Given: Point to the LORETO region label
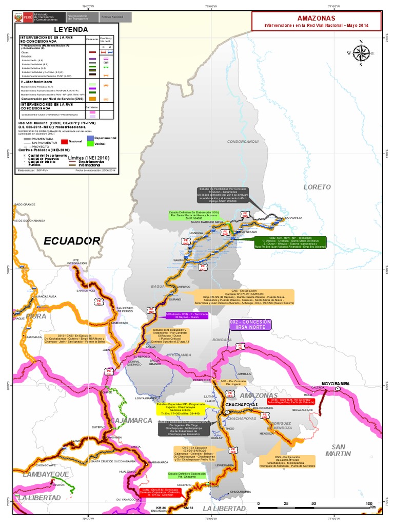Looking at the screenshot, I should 317,187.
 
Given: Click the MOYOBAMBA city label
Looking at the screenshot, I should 335,384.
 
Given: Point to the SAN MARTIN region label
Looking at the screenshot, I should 341,450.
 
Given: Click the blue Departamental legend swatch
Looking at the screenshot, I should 90,138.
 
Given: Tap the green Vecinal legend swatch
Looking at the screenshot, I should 90,143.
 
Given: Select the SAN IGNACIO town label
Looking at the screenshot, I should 86,291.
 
